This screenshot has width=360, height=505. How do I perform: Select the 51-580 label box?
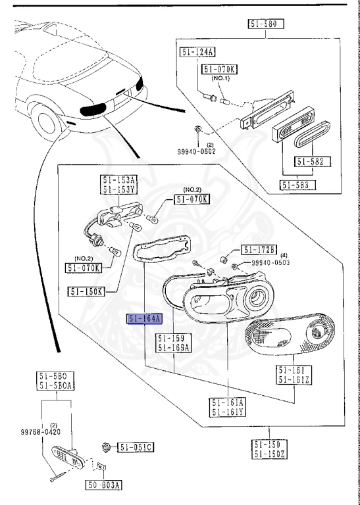point(265,25)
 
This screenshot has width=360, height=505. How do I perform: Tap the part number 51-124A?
point(197,52)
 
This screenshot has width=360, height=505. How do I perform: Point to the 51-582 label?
point(313,162)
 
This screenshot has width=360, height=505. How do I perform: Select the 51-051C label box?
point(136,448)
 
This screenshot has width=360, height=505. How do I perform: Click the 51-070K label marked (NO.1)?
point(220,68)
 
